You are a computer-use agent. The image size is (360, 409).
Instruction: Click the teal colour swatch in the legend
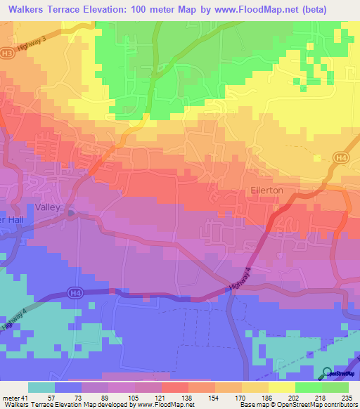41,387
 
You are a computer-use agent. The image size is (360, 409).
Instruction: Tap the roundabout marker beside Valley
71,214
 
